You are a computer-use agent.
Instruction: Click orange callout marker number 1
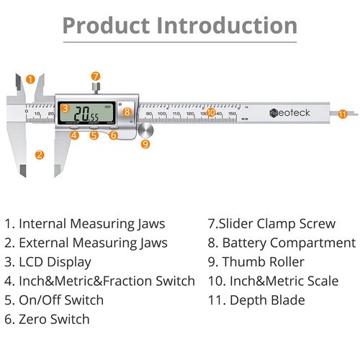(x=30, y=78)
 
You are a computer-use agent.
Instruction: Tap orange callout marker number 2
(x=40, y=153)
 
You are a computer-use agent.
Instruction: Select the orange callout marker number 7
(x=95, y=76)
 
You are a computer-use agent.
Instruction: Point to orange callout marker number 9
(x=145, y=143)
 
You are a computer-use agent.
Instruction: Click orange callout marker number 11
(x=342, y=113)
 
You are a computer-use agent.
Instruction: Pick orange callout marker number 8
(x=127, y=111)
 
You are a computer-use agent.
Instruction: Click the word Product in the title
(x=106, y=26)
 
